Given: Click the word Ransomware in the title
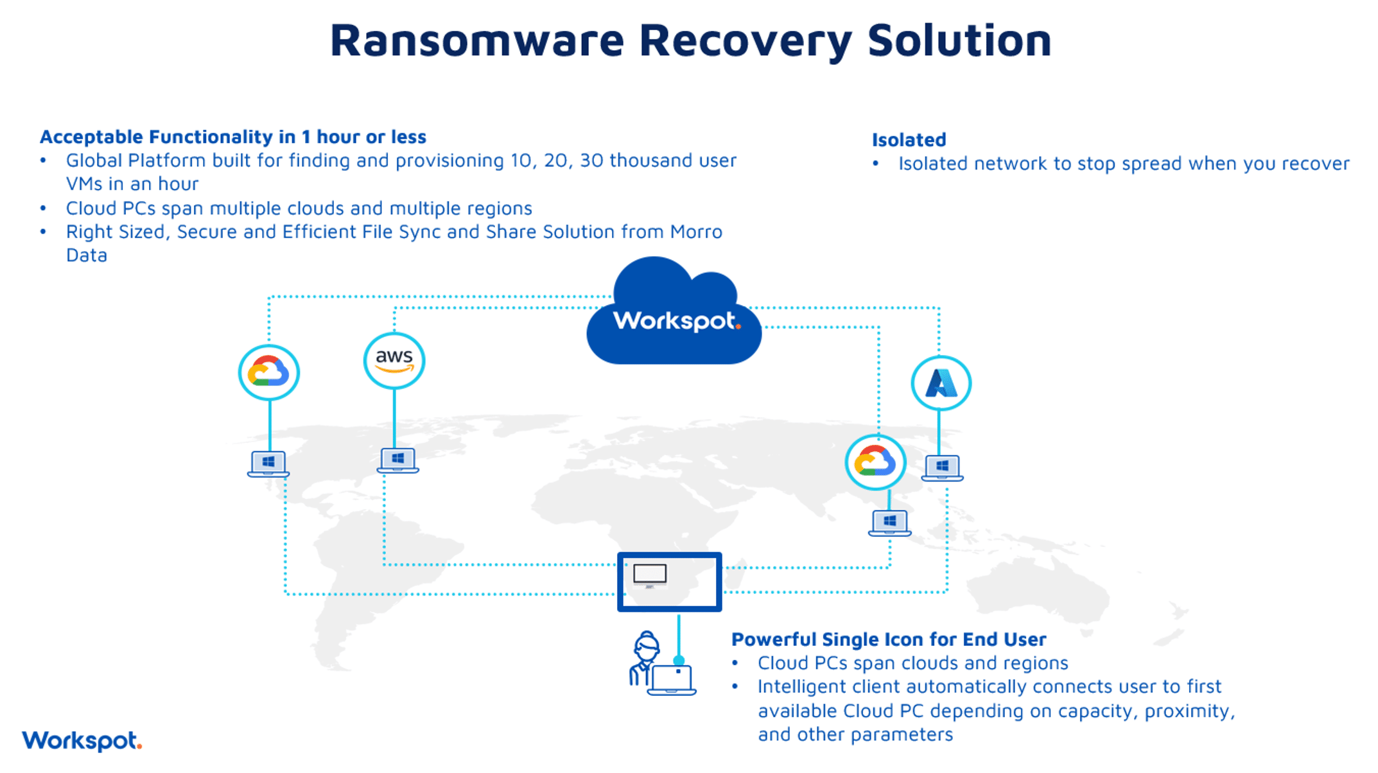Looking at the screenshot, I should click(476, 40).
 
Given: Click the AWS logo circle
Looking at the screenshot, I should click(394, 360).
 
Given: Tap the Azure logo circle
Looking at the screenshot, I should click(941, 383).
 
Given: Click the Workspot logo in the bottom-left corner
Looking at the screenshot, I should click(82, 741).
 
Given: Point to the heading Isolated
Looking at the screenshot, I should click(909, 139).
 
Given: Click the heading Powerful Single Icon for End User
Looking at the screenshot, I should click(889, 639).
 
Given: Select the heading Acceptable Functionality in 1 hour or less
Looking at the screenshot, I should click(232, 137).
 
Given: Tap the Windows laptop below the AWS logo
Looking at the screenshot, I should click(397, 460).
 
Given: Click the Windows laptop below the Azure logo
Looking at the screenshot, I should click(942, 467).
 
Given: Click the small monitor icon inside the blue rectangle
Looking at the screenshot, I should click(650, 575).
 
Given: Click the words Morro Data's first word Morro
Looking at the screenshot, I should click(696, 232).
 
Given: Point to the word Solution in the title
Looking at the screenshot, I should click(959, 40).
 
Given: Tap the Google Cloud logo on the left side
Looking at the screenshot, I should click(268, 372).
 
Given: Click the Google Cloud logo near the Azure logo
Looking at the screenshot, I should click(875, 462).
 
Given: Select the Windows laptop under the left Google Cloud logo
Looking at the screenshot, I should click(268, 464).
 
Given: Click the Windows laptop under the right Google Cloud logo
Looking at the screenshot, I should click(889, 523).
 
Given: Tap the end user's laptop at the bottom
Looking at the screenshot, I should click(672, 681).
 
